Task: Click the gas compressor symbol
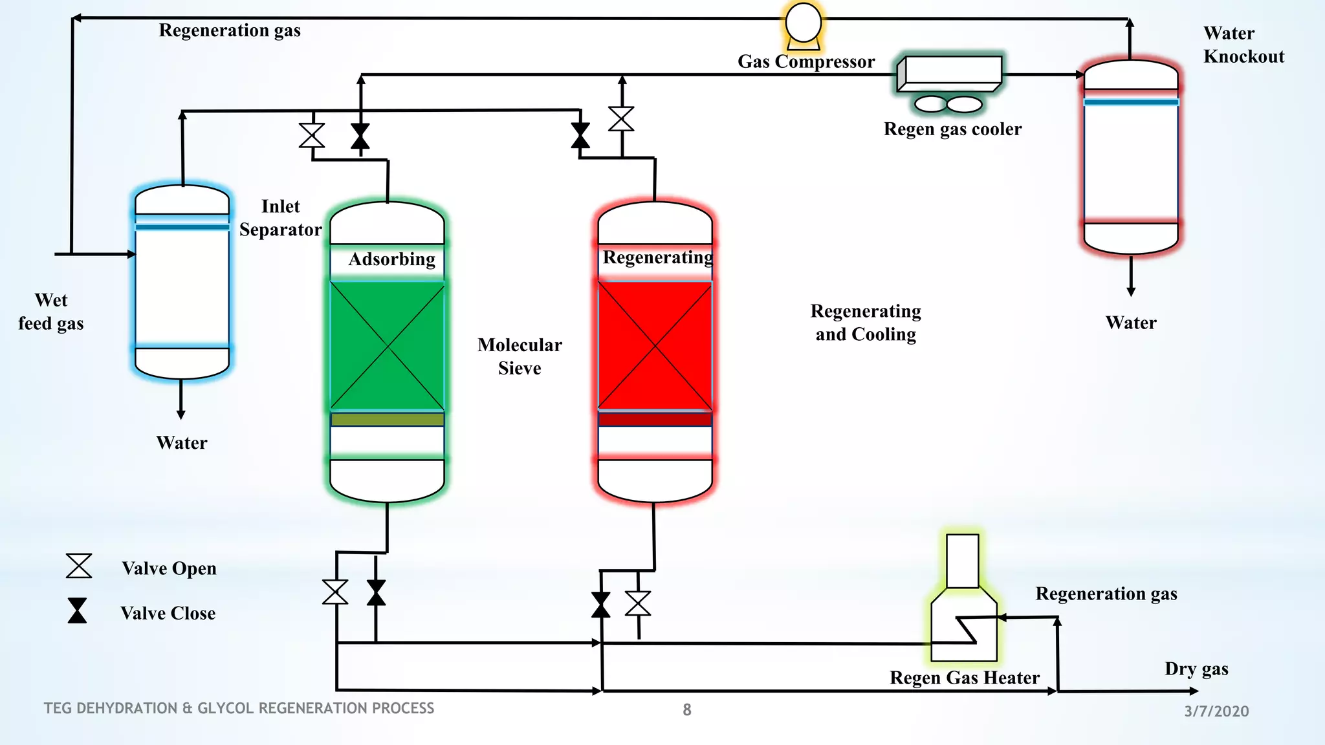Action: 804,25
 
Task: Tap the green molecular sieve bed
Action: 387,346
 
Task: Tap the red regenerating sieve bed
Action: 655,346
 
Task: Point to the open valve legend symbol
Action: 79,566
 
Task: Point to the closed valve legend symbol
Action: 78,610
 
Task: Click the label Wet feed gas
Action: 51,312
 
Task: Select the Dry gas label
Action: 1196,669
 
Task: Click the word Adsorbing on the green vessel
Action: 391,259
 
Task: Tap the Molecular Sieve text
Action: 520,356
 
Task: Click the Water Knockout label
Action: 1243,45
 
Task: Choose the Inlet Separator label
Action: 280,218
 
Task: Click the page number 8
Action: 687,710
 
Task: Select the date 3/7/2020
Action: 1216,711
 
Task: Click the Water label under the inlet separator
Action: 182,443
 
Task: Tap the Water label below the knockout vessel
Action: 1131,323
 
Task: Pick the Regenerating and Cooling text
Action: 866,323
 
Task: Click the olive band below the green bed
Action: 387,420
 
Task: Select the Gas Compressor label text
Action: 806,61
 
